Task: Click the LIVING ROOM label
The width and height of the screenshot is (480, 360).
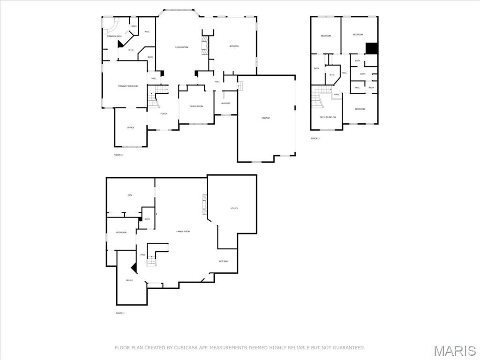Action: (x=182, y=47)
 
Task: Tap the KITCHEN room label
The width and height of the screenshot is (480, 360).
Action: (x=234, y=46)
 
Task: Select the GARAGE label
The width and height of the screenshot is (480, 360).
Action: (x=266, y=118)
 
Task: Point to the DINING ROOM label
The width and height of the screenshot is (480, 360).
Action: (x=196, y=106)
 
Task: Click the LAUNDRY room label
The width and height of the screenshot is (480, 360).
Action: (x=225, y=103)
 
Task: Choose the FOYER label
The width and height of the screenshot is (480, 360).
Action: (x=164, y=113)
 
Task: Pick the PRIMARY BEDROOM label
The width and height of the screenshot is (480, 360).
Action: (x=127, y=86)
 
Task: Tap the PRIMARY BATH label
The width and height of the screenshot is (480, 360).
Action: (x=114, y=36)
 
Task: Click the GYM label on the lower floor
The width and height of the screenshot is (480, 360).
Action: (x=130, y=195)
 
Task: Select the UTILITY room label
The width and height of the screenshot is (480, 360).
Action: (x=234, y=208)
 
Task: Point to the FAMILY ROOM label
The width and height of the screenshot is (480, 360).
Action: (x=183, y=232)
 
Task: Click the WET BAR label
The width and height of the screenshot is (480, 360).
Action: (x=223, y=261)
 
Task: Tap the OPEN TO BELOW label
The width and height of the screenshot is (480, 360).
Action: (x=328, y=117)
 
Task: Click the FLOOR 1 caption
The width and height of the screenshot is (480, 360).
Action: (x=120, y=313)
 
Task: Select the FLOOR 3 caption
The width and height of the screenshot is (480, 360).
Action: (x=315, y=138)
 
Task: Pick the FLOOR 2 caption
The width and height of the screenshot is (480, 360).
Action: (x=118, y=155)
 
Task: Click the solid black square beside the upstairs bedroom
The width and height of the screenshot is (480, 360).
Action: (x=372, y=48)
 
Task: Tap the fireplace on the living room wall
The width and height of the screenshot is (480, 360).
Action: (x=205, y=46)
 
